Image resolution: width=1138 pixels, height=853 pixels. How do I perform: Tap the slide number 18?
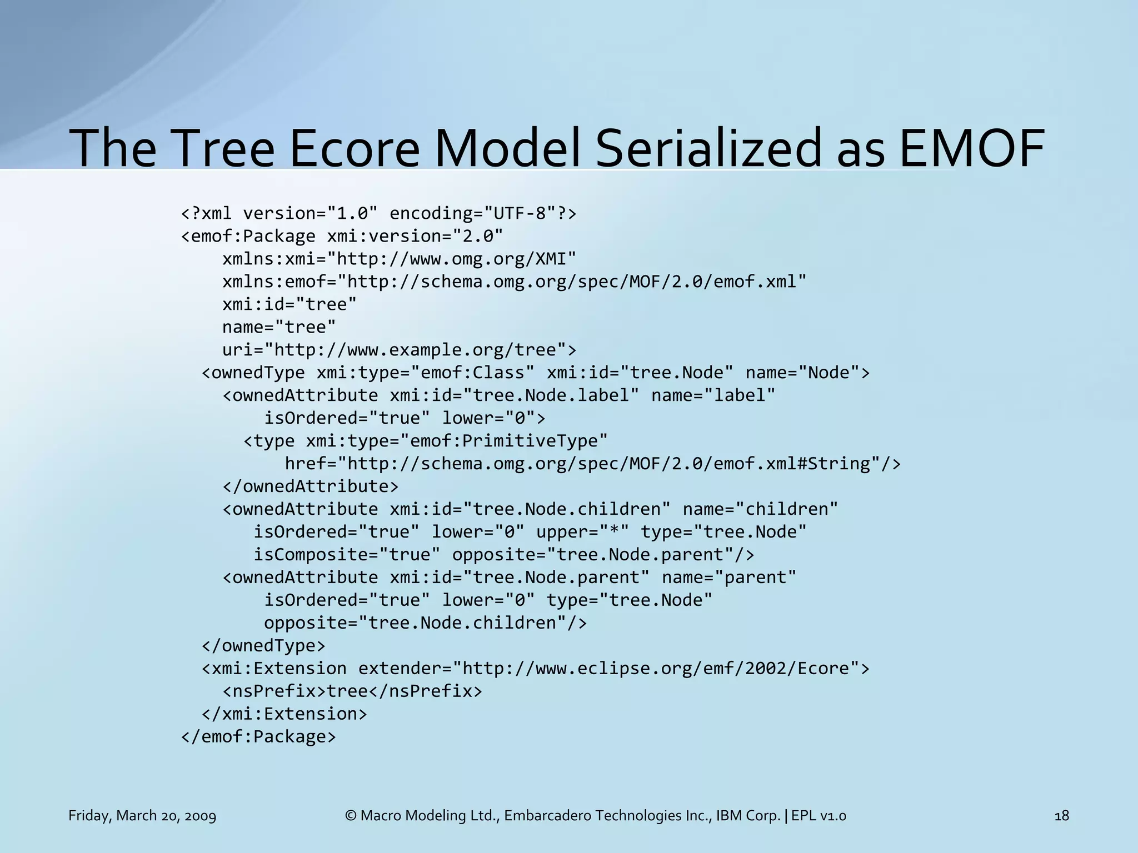[x=1061, y=816]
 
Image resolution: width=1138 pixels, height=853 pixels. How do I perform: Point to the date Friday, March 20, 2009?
[x=142, y=816]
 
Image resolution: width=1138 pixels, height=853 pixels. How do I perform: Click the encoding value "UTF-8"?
[x=515, y=213]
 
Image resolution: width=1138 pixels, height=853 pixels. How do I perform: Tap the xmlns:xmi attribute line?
[x=399, y=259]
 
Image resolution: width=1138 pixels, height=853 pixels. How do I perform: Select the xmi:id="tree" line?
[x=289, y=304]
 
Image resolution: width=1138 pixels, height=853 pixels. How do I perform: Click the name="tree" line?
[x=279, y=327]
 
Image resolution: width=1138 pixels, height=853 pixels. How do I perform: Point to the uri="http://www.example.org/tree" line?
[x=399, y=350]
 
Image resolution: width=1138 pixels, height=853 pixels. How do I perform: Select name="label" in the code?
[x=713, y=395]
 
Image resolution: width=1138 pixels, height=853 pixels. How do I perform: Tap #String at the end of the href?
[x=839, y=464]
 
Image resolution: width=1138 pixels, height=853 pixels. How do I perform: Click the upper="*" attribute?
[x=582, y=532]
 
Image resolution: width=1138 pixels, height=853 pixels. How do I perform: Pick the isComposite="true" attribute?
[x=347, y=555]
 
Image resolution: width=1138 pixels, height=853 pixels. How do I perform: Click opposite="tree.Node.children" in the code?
[x=425, y=623]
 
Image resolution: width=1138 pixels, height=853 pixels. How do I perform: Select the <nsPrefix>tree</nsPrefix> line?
[x=352, y=691]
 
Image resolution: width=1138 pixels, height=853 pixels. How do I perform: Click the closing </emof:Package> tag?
[x=258, y=737]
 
